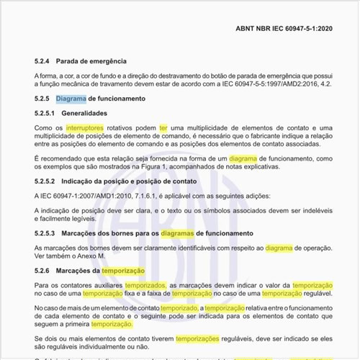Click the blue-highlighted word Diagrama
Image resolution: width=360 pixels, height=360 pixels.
click(71, 98)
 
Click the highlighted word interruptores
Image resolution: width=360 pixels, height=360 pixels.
click(84, 127)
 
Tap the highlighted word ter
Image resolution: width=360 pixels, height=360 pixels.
click(163, 127)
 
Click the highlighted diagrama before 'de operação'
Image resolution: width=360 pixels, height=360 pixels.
click(279, 248)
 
